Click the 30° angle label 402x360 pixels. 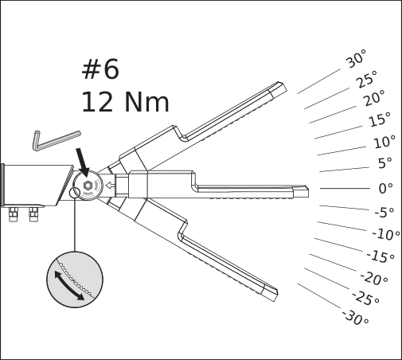pos(356,59)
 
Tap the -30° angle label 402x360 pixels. pos(356,317)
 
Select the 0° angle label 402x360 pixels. pos(385,188)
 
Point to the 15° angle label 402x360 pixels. pos(380,119)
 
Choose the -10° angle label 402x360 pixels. pos(386,234)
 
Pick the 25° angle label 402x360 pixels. pos(367,79)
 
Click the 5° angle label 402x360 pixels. pos(385,163)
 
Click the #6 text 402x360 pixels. pos(100,69)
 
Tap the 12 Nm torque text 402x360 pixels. pos(125,102)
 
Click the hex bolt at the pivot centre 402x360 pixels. pos(88,186)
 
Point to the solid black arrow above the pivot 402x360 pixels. pos(83,162)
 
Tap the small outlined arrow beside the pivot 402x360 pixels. pos(110,186)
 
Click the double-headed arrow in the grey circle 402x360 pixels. pos(69,285)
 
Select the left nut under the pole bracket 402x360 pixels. pos(14,214)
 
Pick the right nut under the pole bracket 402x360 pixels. pos(33,214)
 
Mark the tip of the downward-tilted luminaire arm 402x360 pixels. pos(276,295)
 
